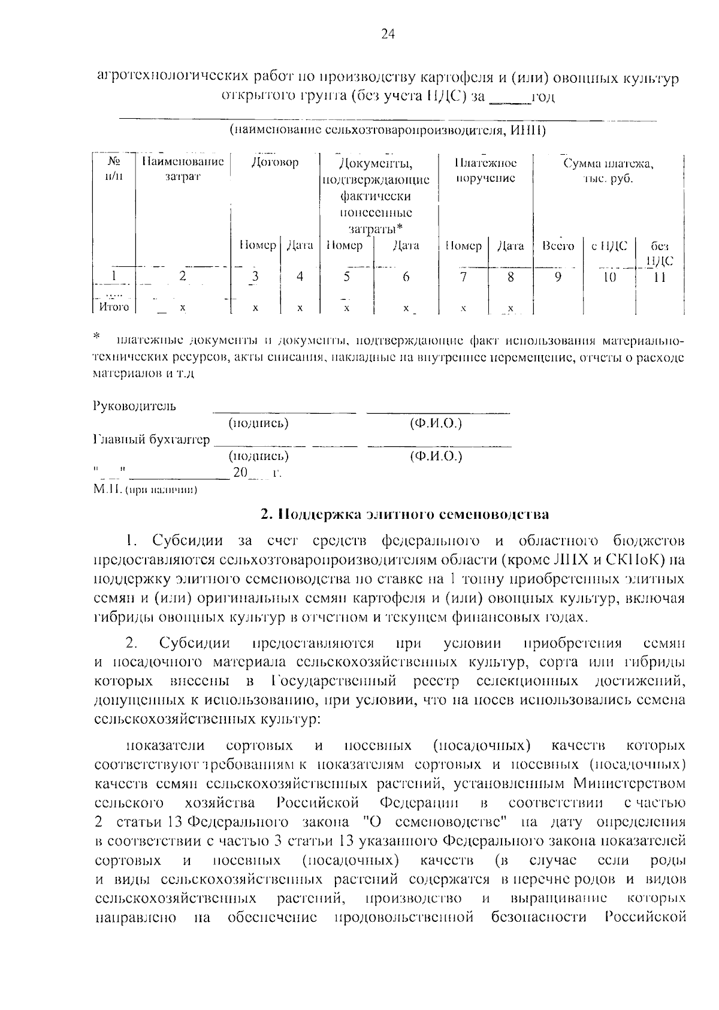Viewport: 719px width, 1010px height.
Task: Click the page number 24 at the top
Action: tap(388, 34)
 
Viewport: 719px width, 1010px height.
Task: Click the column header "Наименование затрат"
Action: tap(182, 169)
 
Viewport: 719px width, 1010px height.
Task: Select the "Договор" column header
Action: tap(275, 163)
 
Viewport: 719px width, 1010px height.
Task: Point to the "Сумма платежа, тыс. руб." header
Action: tap(608, 171)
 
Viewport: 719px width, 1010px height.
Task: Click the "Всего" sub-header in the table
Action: tap(558, 246)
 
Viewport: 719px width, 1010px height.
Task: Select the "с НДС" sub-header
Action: tap(609, 246)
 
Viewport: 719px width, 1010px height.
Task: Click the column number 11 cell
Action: tap(660, 277)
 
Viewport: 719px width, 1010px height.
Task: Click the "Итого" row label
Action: tap(114, 307)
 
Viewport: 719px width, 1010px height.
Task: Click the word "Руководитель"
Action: tap(135, 407)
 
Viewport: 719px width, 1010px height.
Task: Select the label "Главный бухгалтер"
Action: tap(152, 440)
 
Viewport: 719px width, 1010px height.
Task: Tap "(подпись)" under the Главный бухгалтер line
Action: tap(259, 456)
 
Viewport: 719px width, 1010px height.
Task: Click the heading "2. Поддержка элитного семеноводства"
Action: tap(404, 515)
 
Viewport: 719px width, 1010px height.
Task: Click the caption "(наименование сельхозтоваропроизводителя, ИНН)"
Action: tap(387, 130)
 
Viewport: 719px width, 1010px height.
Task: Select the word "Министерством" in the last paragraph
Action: tap(629, 784)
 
